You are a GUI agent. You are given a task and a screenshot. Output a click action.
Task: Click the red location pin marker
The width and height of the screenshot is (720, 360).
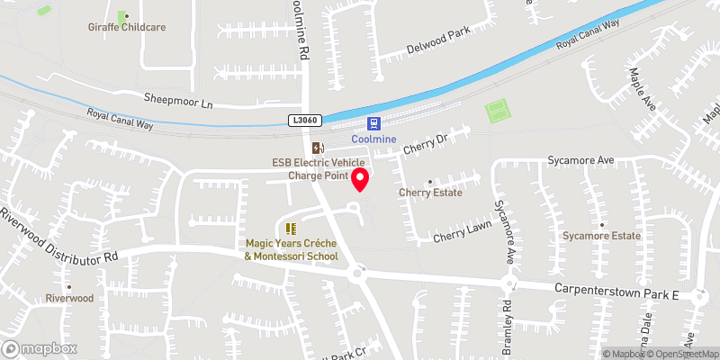[x=360, y=179]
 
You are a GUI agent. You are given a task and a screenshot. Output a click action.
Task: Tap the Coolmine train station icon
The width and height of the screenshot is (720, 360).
[x=373, y=124]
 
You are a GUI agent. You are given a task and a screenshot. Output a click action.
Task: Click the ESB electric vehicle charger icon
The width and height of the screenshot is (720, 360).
[x=316, y=148]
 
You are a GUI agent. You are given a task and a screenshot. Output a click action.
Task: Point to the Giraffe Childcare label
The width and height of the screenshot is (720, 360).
[x=127, y=27]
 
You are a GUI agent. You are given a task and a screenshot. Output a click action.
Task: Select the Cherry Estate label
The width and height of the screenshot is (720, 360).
[x=430, y=193]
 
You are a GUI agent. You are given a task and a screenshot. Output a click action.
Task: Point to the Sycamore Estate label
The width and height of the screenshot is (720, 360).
[x=602, y=236]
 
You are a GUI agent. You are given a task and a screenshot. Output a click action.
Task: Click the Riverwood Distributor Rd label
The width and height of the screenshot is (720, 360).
[x=59, y=236]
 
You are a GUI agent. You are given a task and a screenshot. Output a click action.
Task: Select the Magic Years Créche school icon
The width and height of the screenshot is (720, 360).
[x=291, y=229]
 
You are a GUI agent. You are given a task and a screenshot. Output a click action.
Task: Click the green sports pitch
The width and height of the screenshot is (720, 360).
[x=497, y=112]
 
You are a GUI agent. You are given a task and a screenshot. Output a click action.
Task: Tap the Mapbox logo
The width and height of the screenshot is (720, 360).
[x=39, y=348]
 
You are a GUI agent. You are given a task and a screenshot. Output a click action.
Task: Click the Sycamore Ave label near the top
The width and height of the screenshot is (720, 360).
[x=580, y=160]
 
